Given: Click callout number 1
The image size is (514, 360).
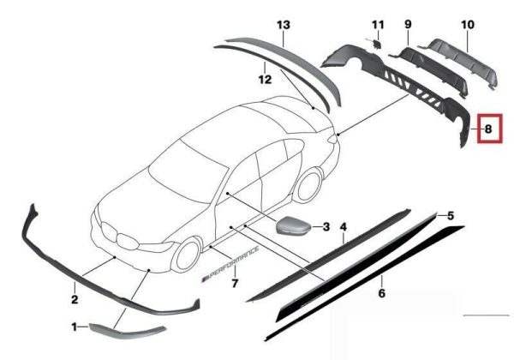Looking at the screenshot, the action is click(74, 327).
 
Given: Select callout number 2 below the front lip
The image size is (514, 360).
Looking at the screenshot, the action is click(75, 299).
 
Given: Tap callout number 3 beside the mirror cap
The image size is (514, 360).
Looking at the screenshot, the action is click(326, 226).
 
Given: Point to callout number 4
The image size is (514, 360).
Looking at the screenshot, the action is click(344, 226).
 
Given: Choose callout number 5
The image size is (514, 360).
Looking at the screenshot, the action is click(451, 216).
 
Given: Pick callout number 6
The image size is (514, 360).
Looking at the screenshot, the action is click(381, 293).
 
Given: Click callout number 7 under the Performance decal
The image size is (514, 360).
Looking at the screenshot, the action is click(235, 283).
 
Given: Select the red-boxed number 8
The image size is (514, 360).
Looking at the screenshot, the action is click(488, 129).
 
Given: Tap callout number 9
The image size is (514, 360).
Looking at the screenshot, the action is click(408, 24).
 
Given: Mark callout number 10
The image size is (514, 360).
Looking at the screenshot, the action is click(468, 24).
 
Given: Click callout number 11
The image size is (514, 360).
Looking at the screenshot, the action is click(378, 24).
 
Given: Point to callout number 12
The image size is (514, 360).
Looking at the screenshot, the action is click(265, 79).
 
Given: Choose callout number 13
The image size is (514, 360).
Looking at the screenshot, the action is click(284, 25).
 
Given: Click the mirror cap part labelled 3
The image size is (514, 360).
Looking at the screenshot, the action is click(294, 225).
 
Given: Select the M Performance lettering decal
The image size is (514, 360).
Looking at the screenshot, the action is click(230, 264).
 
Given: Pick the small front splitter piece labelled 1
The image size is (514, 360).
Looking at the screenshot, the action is click(128, 331).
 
